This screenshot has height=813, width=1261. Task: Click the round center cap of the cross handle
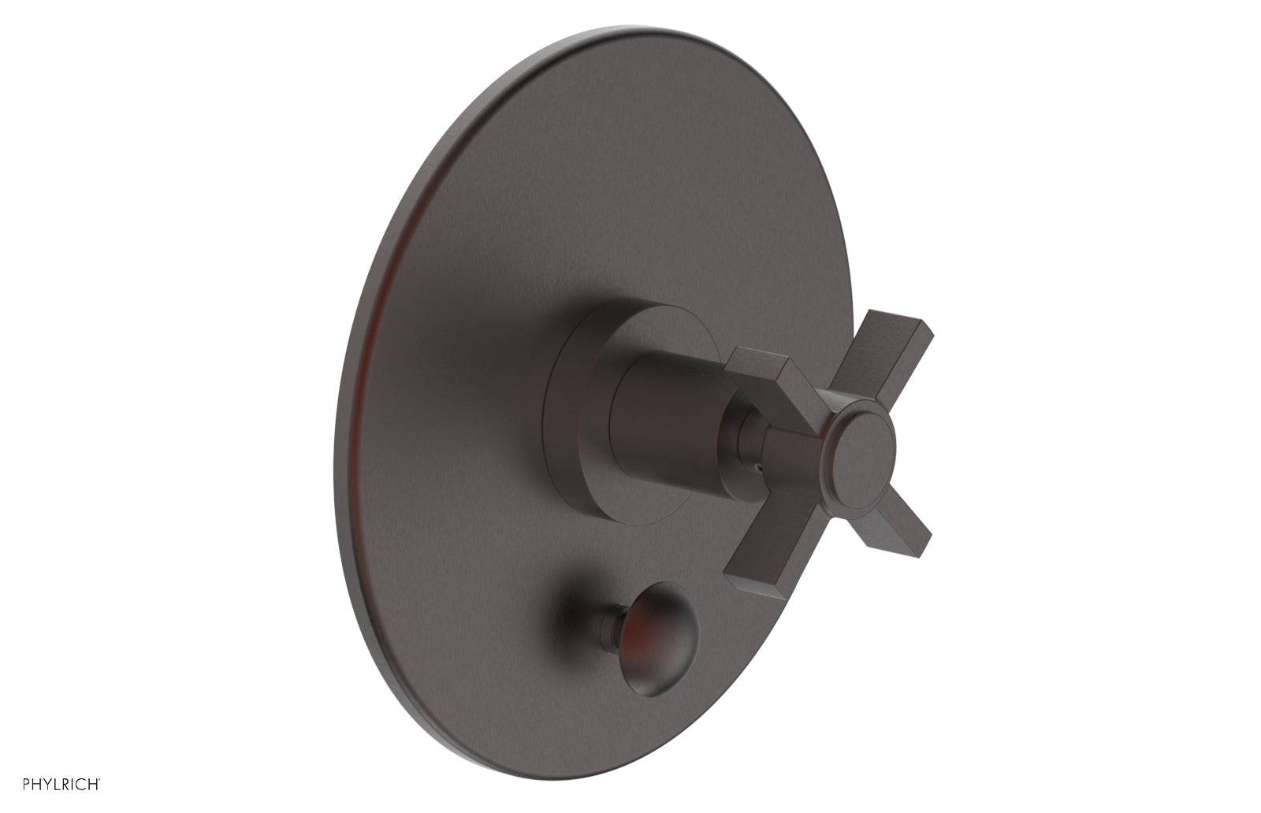point(863,447)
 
